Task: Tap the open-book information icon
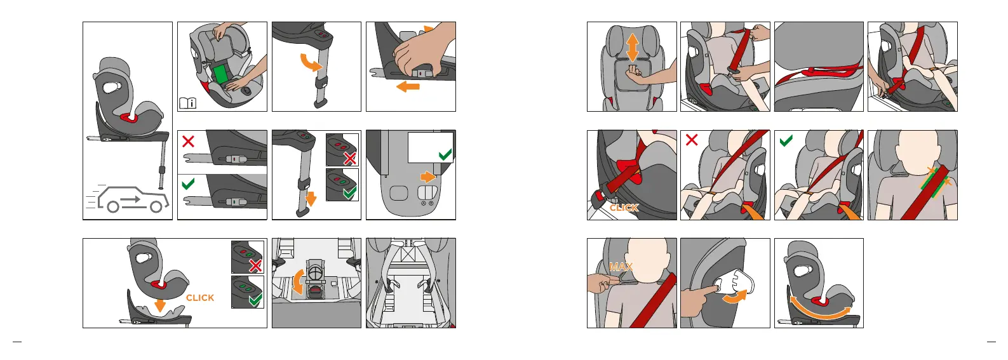(x=188, y=103)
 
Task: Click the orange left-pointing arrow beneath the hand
(x=408, y=86)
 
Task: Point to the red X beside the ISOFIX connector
(x=188, y=142)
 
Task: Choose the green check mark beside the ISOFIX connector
(x=188, y=183)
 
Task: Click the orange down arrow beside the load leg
(x=311, y=199)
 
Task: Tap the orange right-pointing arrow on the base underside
(x=428, y=177)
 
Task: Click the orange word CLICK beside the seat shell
(x=200, y=298)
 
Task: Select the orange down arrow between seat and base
(x=160, y=306)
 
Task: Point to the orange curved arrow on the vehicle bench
(x=297, y=282)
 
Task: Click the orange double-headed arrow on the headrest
(x=632, y=47)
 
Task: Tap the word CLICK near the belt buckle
(x=624, y=208)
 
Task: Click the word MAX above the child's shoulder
(x=621, y=267)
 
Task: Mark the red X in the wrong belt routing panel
(x=692, y=140)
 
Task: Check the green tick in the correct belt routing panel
(x=786, y=141)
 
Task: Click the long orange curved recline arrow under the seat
(x=820, y=310)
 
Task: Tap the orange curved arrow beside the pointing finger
(x=734, y=297)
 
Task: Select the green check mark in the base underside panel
(x=445, y=155)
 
